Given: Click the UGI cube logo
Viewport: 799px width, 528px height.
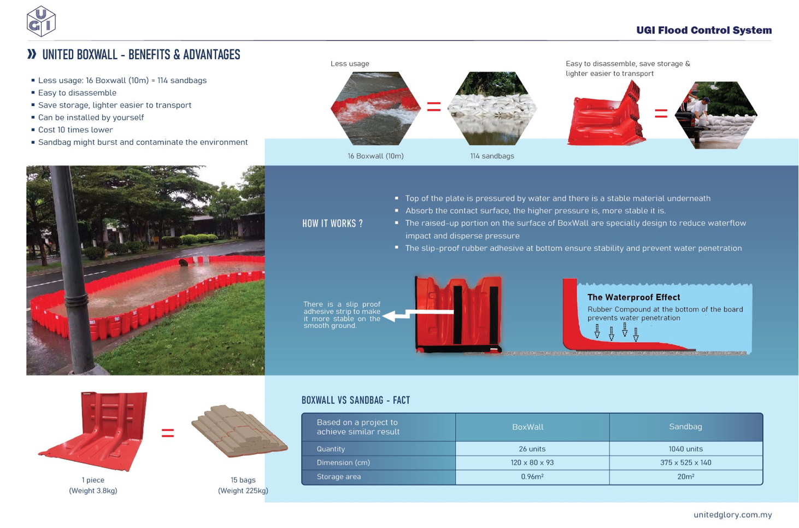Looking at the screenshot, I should [x=41, y=21].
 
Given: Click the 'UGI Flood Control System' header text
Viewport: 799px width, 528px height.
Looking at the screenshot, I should [x=704, y=31].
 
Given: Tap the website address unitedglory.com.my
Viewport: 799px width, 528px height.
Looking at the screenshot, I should [x=732, y=514].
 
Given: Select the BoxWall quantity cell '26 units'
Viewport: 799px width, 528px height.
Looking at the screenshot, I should [x=532, y=449].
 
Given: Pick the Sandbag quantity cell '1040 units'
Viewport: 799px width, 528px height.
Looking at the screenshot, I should [x=685, y=449].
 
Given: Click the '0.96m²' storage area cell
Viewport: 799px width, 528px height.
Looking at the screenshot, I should [x=532, y=477].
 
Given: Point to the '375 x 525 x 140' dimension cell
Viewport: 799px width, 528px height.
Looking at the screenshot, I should [x=685, y=462].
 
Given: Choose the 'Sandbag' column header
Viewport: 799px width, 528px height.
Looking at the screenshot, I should [x=685, y=426].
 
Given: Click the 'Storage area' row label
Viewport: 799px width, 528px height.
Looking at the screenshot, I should [x=339, y=477].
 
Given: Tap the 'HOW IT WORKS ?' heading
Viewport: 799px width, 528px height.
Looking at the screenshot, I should [x=332, y=224].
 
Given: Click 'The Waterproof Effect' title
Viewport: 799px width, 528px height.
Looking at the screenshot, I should [x=633, y=297].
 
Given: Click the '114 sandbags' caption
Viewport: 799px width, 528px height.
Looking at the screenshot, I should [x=492, y=156].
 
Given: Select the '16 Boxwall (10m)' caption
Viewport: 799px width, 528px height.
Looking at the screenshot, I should [x=375, y=156].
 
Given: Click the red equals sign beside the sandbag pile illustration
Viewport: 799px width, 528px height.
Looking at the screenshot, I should [x=168, y=433].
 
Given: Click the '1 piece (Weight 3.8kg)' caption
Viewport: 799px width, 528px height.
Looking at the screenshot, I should [x=93, y=485].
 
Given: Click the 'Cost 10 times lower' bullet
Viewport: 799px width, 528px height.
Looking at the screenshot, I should [x=75, y=130].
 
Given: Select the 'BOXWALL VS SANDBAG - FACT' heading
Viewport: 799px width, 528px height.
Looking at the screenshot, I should [x=356, y=400].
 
